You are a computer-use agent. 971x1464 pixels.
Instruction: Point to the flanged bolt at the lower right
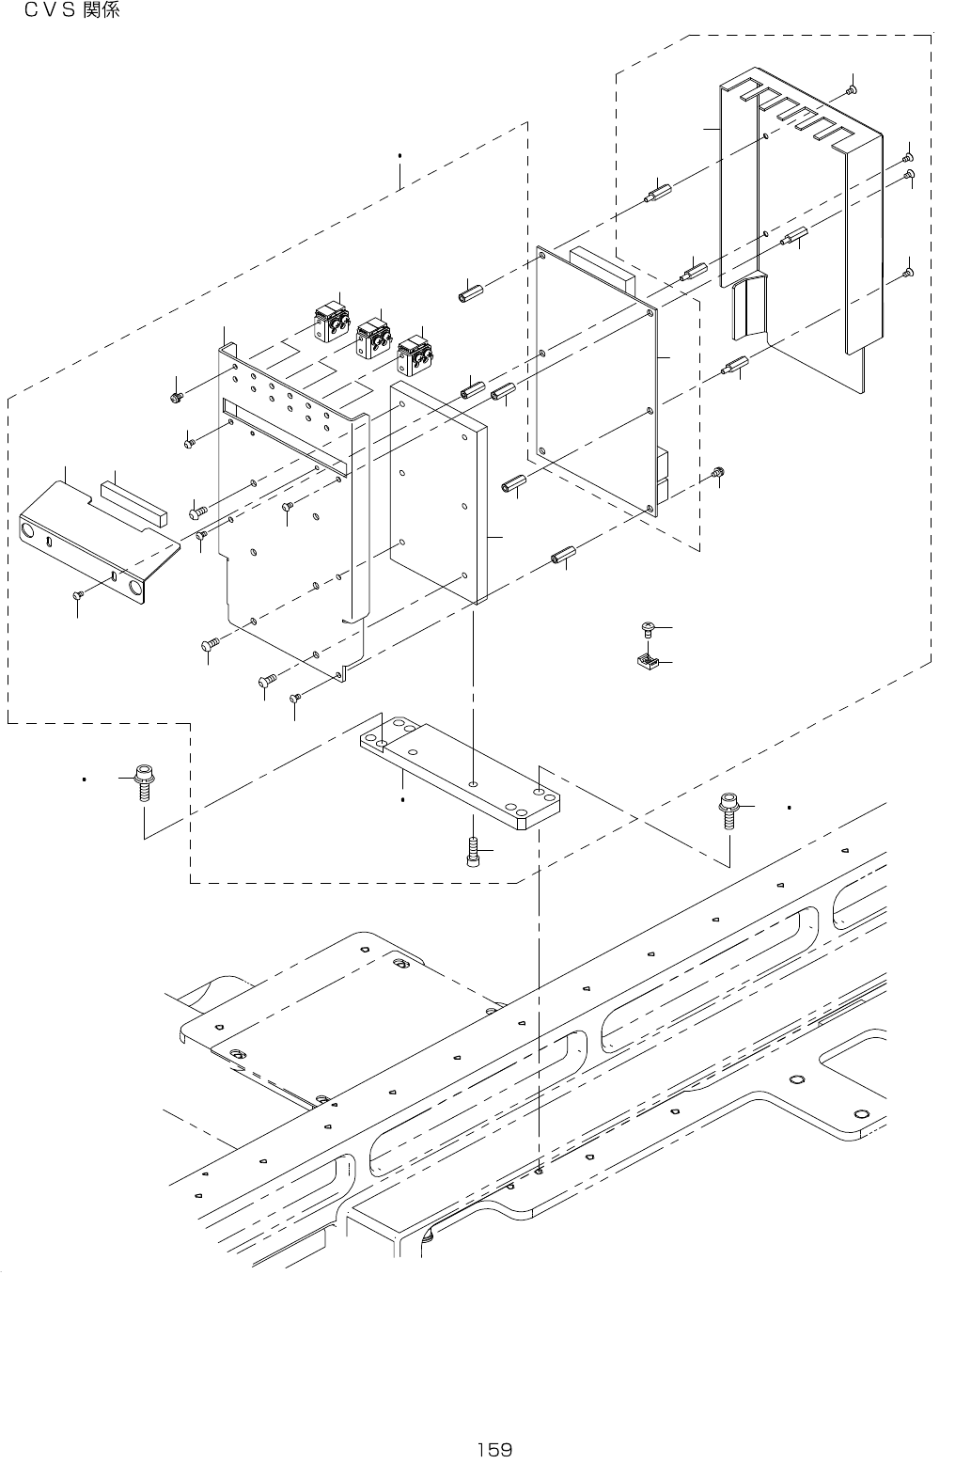click(728, 810)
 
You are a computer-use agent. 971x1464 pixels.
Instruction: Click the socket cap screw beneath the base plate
click(473, 852)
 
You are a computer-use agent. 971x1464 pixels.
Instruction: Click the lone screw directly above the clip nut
click(648, 628)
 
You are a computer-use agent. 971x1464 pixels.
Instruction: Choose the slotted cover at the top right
click(799, 216)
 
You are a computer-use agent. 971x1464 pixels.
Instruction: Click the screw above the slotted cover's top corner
click(851, 89)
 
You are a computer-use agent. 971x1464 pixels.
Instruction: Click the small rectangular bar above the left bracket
click(133, 500)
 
